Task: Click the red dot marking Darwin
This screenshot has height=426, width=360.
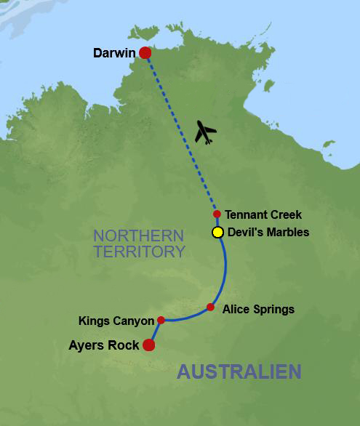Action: click(145, 52)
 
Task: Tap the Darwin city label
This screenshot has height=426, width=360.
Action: click(114, 53)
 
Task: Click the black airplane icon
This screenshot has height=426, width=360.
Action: click(207, 133)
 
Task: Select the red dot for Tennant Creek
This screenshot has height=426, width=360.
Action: click(217, 214)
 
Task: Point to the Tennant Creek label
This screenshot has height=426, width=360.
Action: click(263, 214)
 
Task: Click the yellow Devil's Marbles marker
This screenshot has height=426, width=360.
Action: click(217, 233)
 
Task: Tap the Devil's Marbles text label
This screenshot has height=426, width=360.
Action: click(268, 233)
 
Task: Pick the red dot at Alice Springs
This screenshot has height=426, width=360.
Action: click(210, 307)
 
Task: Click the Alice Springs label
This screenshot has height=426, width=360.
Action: click(258, 309)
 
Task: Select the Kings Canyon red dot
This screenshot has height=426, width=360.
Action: click(161, 320)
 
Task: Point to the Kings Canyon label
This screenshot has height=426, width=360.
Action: click(116, 321)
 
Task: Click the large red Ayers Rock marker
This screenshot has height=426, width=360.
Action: click(149, 345)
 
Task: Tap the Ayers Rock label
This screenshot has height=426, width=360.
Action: click(105, 345)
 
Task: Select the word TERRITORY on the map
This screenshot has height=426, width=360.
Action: click(139, 252)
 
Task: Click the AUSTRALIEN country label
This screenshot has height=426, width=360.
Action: click(239, 371)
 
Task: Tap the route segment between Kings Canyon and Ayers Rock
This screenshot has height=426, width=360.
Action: click(155, 332)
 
